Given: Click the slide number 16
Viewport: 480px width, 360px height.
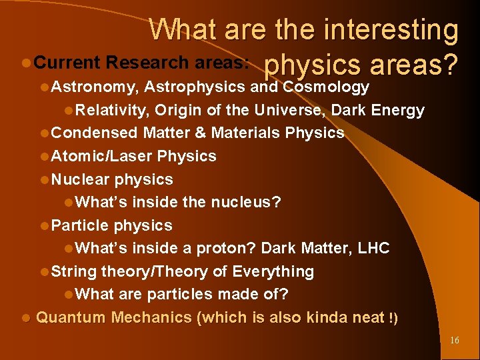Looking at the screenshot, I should point(455,341).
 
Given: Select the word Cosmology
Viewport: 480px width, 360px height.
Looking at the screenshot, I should point(326,87).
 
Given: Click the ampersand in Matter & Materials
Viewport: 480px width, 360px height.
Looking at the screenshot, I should point(200,133).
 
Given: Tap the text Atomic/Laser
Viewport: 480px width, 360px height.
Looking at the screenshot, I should point(101,156).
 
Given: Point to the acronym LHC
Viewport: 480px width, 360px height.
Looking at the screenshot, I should point(373,248).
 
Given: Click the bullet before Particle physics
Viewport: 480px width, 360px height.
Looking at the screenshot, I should point(44,226).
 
